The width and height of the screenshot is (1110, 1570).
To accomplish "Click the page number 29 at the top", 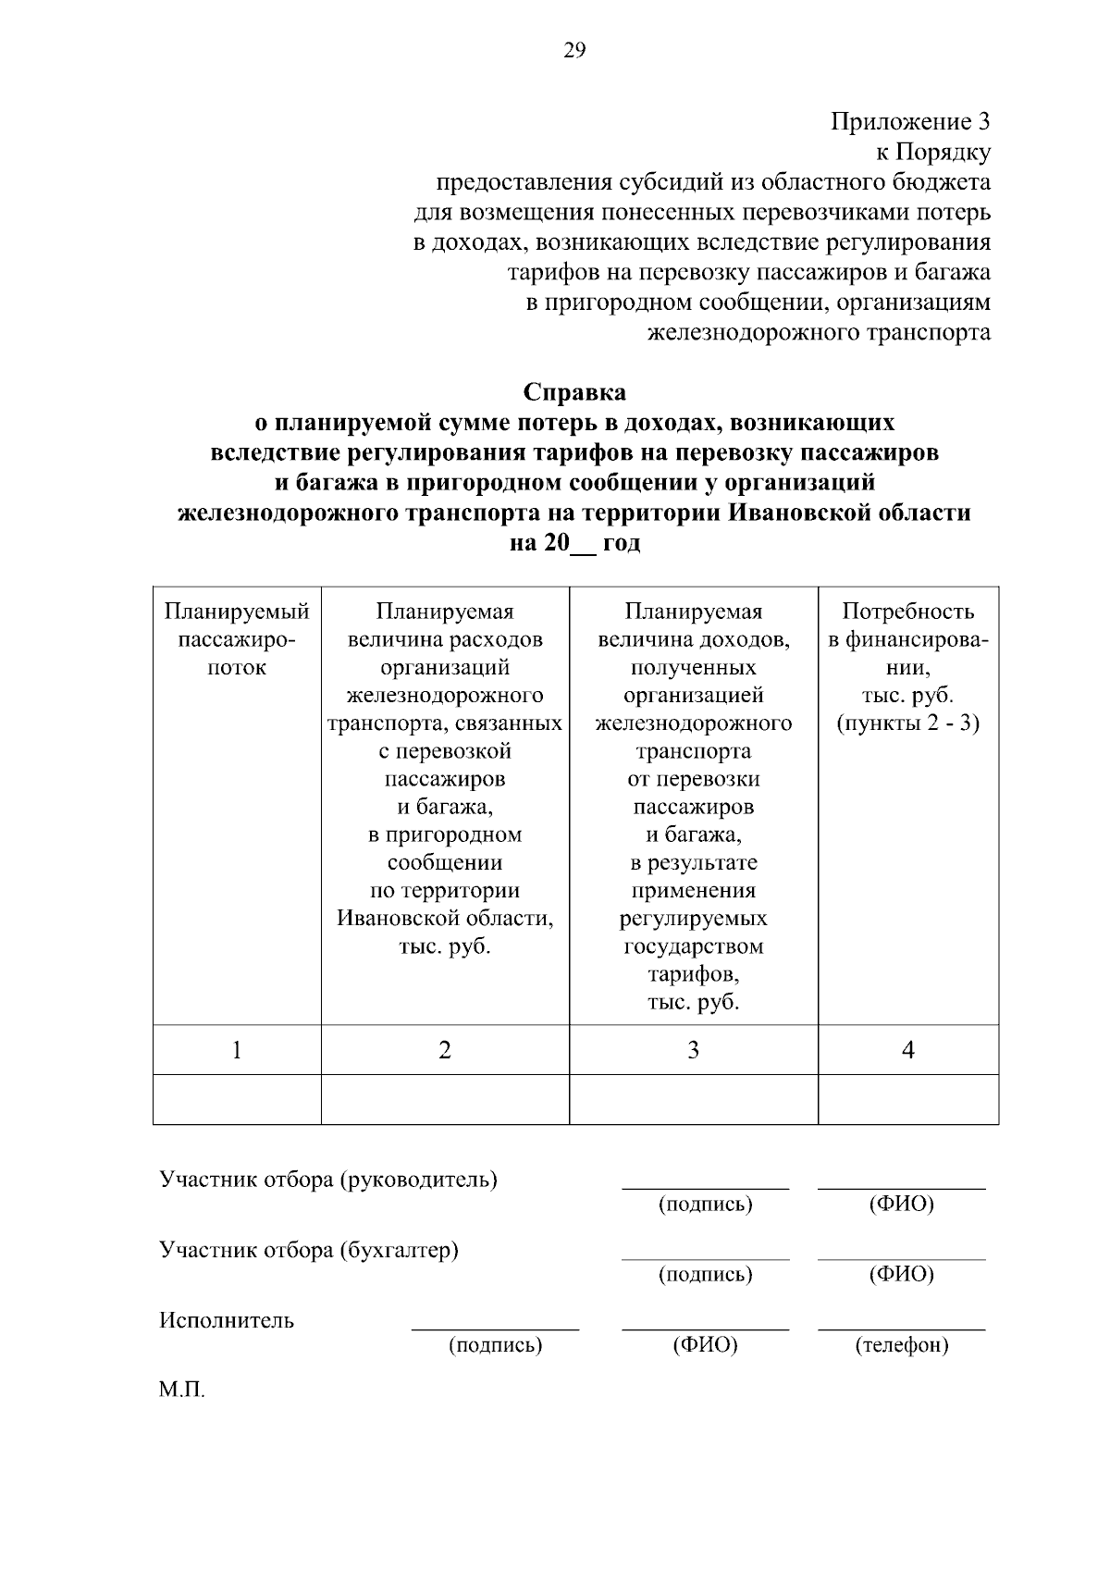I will click(573, 52).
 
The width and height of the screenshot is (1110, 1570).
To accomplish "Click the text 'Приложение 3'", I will click(910, 122).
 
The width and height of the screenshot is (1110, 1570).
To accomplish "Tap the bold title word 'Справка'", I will click(573, 392).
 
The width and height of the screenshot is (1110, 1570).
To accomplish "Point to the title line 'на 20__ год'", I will click(573, 543).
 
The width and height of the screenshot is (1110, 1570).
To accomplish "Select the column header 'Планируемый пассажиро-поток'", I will click(237, 639).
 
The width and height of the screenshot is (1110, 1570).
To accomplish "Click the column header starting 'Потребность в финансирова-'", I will click(907, 667).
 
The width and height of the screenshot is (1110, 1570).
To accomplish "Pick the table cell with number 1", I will click(237, 1050).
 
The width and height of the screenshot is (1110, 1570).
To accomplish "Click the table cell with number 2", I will click(445, 1050).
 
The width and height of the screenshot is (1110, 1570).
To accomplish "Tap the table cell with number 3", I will click(693, 1050).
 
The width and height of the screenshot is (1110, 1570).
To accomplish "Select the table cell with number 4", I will click(907, 1050).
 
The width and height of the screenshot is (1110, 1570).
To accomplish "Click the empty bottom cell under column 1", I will click(237, 1099).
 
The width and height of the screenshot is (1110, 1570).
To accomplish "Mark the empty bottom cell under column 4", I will click(907, 1099).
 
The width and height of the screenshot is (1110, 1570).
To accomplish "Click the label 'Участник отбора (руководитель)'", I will click(328, 1181).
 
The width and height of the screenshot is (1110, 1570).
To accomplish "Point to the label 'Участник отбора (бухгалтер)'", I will click(309, 1251).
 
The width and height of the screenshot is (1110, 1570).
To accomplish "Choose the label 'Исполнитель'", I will click(227, 1320).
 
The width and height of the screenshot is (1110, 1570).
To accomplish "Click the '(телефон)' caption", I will click(902, 1345).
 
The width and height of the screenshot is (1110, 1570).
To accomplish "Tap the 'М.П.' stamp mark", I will click(181, 1391).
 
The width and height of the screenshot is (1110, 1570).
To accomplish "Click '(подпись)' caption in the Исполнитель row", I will click(495, 1345).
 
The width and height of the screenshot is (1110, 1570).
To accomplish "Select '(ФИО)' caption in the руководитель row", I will click(902, 1205).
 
